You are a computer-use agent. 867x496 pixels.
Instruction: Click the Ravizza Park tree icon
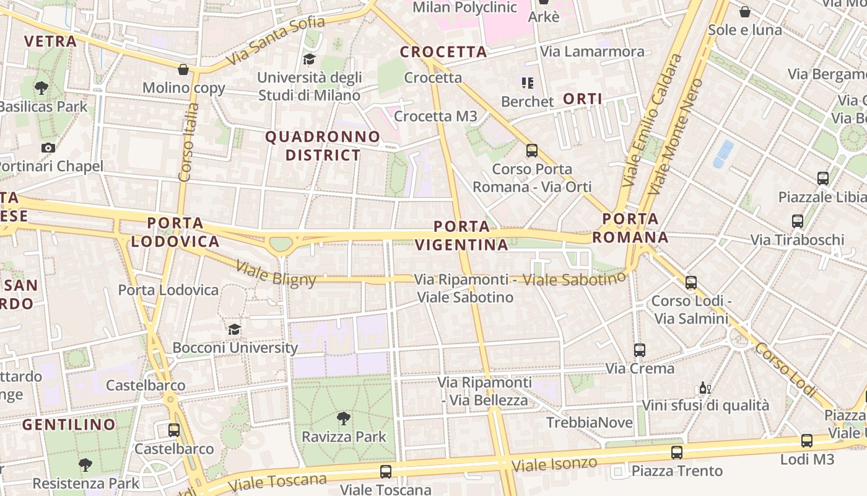(343, 418)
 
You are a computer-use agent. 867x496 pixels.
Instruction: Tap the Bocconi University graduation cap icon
(234, 329)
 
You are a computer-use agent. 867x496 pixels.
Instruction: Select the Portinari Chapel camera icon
(48, 148)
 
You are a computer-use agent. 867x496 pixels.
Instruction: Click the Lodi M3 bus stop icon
(806, 441)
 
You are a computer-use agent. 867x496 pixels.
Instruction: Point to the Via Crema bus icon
(640, 350)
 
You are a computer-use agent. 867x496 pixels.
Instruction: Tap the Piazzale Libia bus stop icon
(822, 179)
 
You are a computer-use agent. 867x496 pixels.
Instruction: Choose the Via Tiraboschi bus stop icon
(797, 221)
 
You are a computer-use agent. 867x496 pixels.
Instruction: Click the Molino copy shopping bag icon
(183, 69)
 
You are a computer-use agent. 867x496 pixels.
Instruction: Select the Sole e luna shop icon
(745, 12)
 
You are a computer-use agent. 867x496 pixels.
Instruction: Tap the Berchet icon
(528, 82)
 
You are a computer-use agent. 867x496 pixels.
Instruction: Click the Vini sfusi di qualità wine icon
(705, 388)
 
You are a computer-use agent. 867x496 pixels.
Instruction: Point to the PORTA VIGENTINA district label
(462, 236)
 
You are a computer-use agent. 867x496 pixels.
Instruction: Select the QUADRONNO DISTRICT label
(323, 146)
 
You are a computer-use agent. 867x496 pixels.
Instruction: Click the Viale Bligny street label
(276, 274)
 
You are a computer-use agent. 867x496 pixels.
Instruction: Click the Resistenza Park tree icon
(85, 464)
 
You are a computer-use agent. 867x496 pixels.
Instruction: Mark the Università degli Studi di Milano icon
(308, 60)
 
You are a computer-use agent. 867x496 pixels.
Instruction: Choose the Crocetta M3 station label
(435, 116)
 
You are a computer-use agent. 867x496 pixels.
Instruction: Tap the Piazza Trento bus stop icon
(676, 453)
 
